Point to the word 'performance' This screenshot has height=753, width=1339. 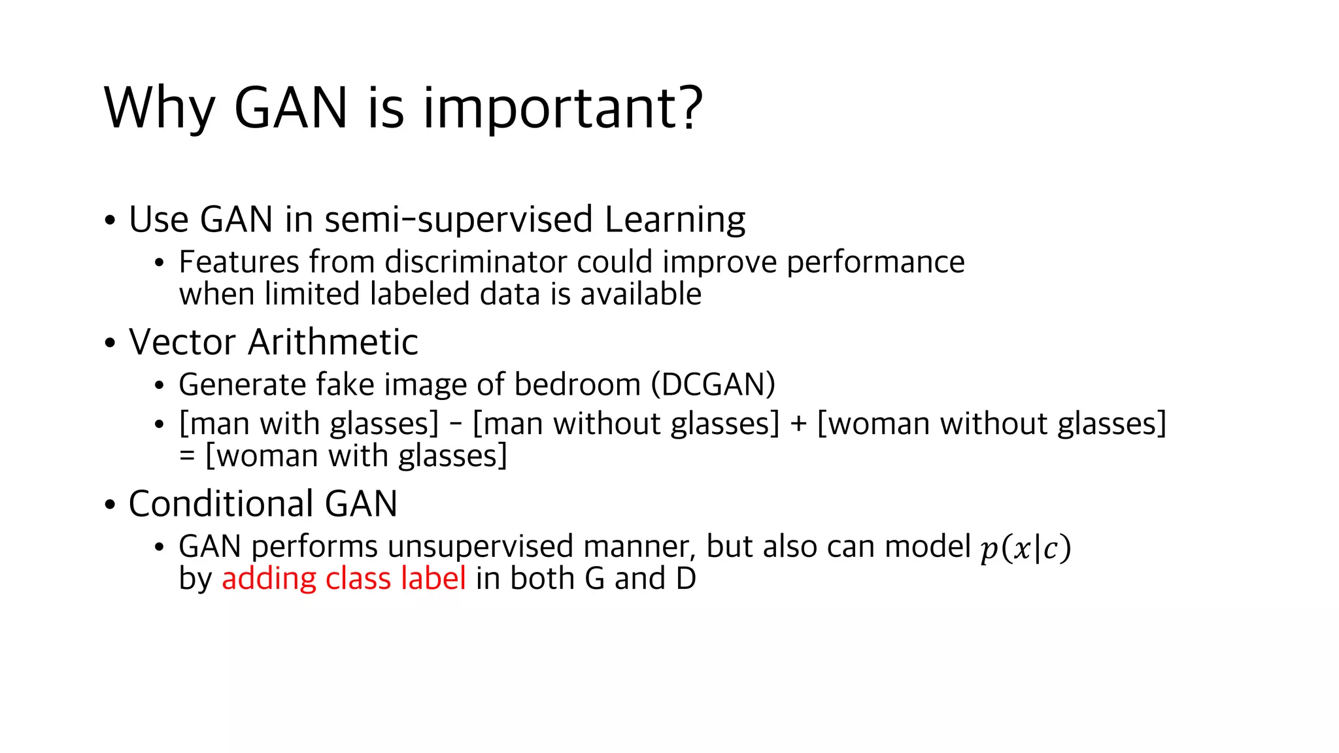coord(875,262)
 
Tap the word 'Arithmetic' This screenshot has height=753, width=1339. coord(333,342)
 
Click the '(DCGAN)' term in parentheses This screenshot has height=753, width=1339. coord(713,384)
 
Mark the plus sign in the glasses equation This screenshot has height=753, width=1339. coord(798,424)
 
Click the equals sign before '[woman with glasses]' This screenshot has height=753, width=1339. coord(187,456)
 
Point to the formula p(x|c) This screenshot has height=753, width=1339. coord(1025,548)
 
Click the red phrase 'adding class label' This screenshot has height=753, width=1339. coord(344,578)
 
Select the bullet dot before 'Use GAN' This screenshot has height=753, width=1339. coord(110,220)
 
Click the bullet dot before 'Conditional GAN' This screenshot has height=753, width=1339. coord(110,505)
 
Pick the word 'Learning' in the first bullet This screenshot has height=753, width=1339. coord(675,220)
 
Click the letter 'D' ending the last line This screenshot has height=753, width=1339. coord(686,578)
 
